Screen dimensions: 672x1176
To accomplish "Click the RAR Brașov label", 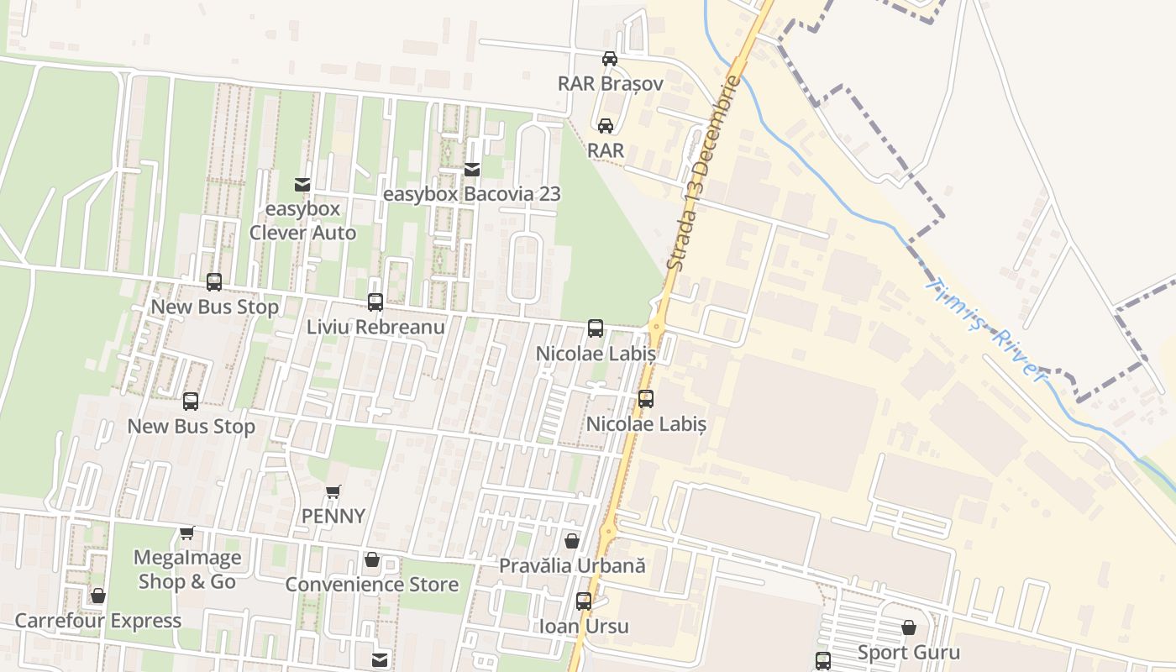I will coord(611,84).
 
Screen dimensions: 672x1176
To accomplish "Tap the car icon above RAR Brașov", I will coord(610,59).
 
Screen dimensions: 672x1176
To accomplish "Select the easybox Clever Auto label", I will coord(302,221).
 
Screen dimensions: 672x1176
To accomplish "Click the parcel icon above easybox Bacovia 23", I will coord(472,170).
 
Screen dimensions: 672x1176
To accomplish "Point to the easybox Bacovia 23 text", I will coord(471,194).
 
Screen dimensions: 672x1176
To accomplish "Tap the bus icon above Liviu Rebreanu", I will coord(375,302).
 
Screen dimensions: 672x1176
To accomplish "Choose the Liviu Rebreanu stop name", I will coord(375,327).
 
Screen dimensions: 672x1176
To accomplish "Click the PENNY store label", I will coord(333,516).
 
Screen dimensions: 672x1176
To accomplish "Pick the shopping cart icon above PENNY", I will coord(333,491).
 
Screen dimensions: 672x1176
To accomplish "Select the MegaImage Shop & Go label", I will coord(187,570).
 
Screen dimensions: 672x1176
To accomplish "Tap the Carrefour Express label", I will coord(98,621).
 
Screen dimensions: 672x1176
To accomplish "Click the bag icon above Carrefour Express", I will coord(98,596).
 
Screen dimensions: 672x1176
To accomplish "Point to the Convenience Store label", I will coord(372,584).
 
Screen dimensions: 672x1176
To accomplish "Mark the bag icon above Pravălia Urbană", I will coord(572,542).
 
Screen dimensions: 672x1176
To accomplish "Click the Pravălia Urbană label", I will coord(572,565).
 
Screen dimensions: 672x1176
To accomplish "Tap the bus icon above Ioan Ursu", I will coord(584,601).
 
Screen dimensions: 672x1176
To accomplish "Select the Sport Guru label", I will coord(909,652).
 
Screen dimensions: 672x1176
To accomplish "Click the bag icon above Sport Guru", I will coord(909,627).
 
